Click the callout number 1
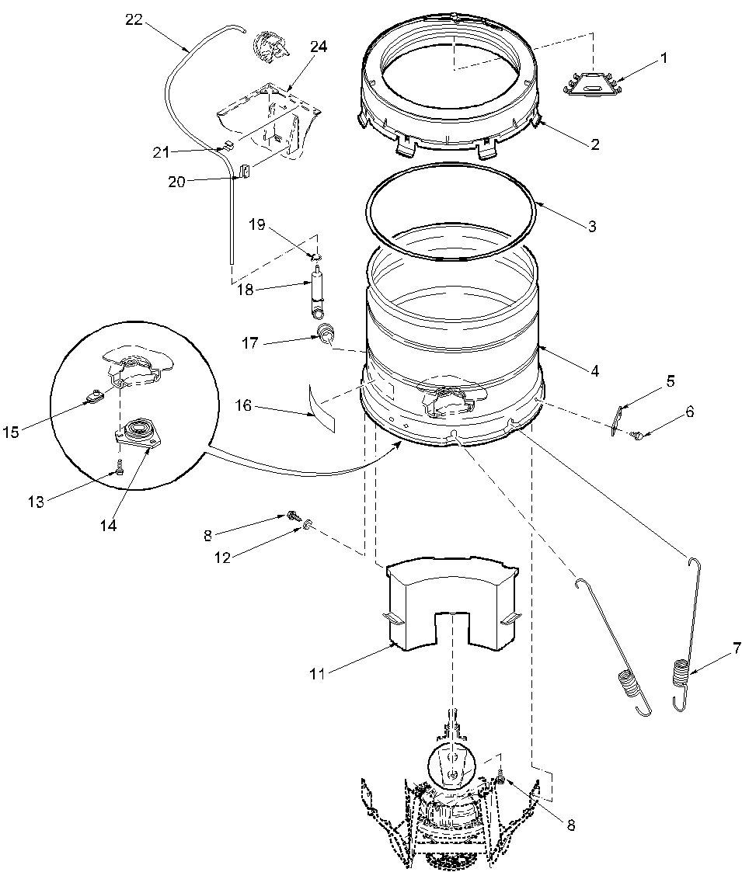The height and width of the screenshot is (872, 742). tap(663, 58)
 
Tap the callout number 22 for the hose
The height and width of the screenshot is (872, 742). tap(134, 20)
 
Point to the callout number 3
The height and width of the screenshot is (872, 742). tap(592, 227)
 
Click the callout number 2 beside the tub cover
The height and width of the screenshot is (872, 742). tap(594, 144)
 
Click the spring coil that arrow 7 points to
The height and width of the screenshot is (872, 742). tap(680, 672)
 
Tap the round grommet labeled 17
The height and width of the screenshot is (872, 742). tap(327, 335)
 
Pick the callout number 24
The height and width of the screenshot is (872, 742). tap(319, 47)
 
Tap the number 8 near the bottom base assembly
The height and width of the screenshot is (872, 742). tap(571, 826)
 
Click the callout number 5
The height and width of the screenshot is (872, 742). tap(670, 381)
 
